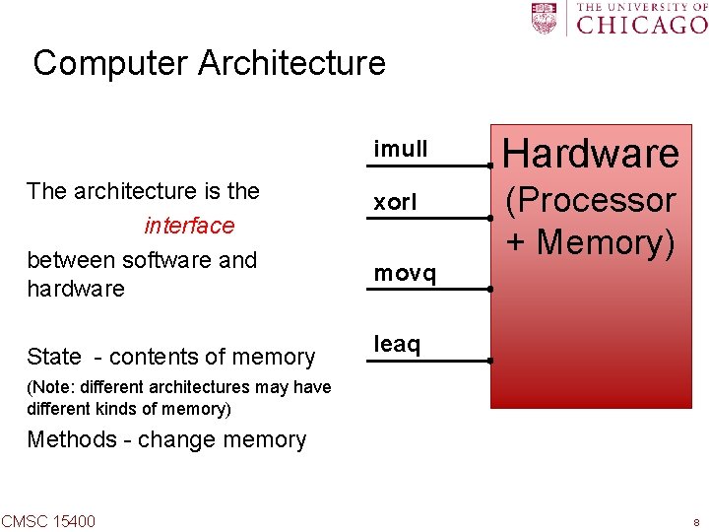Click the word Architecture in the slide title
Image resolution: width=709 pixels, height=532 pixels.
(292, 64)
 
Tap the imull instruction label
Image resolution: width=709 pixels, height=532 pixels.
(401, 150)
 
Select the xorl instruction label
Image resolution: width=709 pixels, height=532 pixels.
(395, 203)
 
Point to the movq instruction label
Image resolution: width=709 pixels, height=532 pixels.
(405, 274)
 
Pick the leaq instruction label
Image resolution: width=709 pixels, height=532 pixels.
(397, 344)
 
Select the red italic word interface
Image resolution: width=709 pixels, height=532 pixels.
(189, 226)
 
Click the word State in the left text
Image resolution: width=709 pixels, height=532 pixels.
(54, 357)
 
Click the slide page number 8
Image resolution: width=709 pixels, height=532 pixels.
(696, 522)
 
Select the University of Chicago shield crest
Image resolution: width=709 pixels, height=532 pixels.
(545, 19)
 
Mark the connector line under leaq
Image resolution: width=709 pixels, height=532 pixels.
(429, 361)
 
